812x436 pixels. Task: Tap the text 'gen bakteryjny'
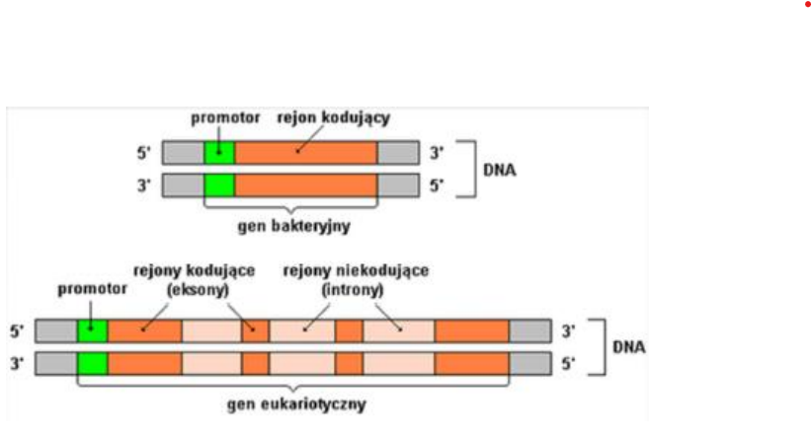pos(293,224)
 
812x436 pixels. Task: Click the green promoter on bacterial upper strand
pos(219,153)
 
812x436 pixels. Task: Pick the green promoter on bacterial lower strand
pos(219,185)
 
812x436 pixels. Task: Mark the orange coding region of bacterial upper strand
pos(305,153)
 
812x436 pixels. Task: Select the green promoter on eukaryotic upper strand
pos(93,331)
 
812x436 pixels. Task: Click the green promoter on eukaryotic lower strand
pos(93,363)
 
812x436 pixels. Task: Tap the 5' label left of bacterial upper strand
pos(144,153)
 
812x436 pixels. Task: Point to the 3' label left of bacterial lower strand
pos(144,185)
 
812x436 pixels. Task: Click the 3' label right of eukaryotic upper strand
pos(568,331)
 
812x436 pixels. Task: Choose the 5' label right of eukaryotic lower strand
pos(568,363)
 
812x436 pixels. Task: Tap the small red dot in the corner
pos(807,4)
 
